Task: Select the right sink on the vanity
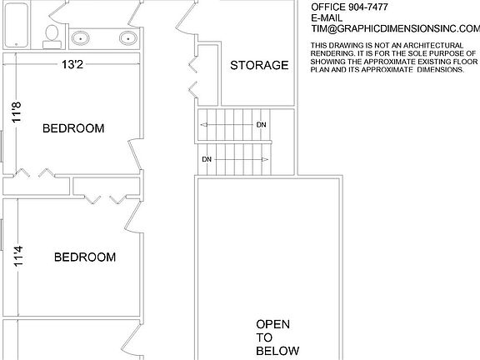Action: click(x=127, y=37)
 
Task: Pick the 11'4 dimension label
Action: click(x=17, y=254)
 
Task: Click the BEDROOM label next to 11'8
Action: click(x=73, y=128)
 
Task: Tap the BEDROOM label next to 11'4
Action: click(x=84, y=257)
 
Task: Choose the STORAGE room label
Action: click(x=259, y=65)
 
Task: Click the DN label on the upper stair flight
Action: click(x=261, y=125)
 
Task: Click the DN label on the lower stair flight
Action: click(x=207, y=158)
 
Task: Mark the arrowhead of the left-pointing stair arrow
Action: click(x=202, y=125)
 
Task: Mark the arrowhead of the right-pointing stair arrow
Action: click(x=266, y=158)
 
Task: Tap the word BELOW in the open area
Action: click(x=277, y=351)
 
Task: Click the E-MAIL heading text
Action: click(x=327, y=17)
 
